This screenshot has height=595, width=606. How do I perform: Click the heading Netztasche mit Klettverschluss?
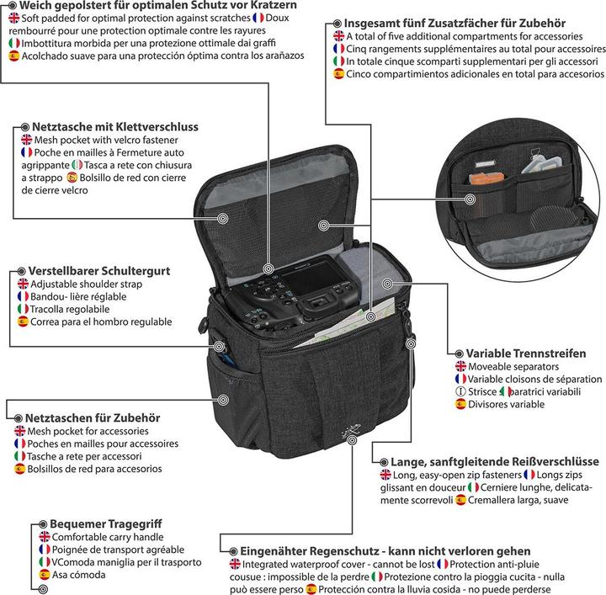click(x=114, y=126)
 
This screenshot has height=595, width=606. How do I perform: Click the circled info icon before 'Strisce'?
click(x=460, y=391)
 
